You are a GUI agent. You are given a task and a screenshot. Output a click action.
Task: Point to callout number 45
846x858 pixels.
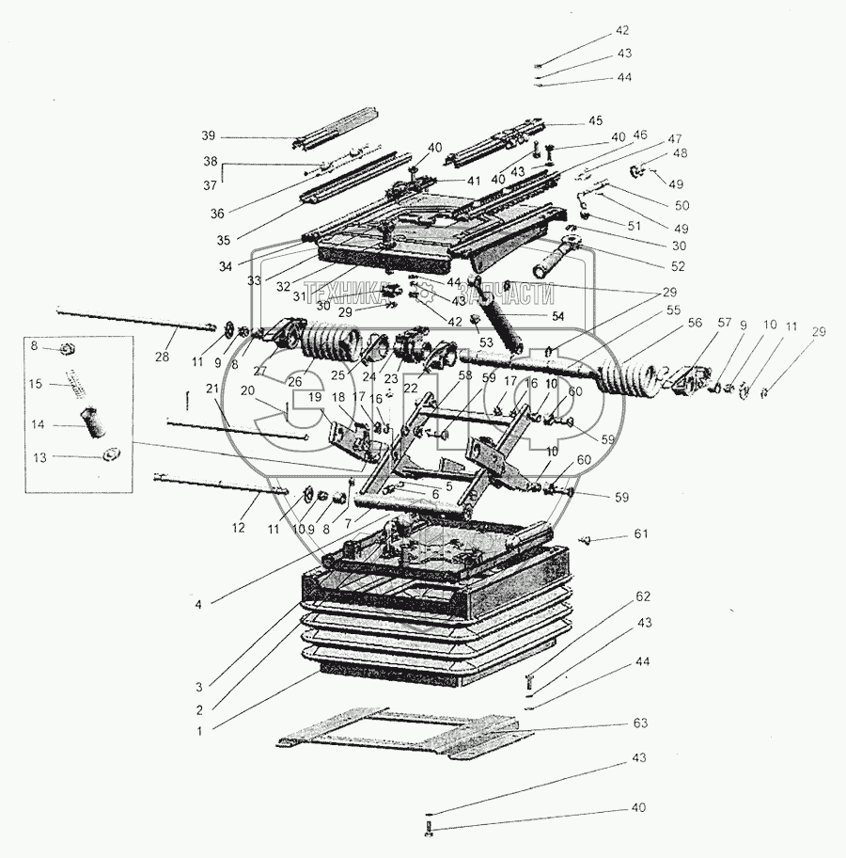click(x=621, y=120)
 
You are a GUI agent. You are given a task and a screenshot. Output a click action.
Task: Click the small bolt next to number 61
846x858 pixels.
click(x=584, y=540)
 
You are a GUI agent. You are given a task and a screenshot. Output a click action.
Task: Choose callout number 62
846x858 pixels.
click(x=642, y=596)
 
